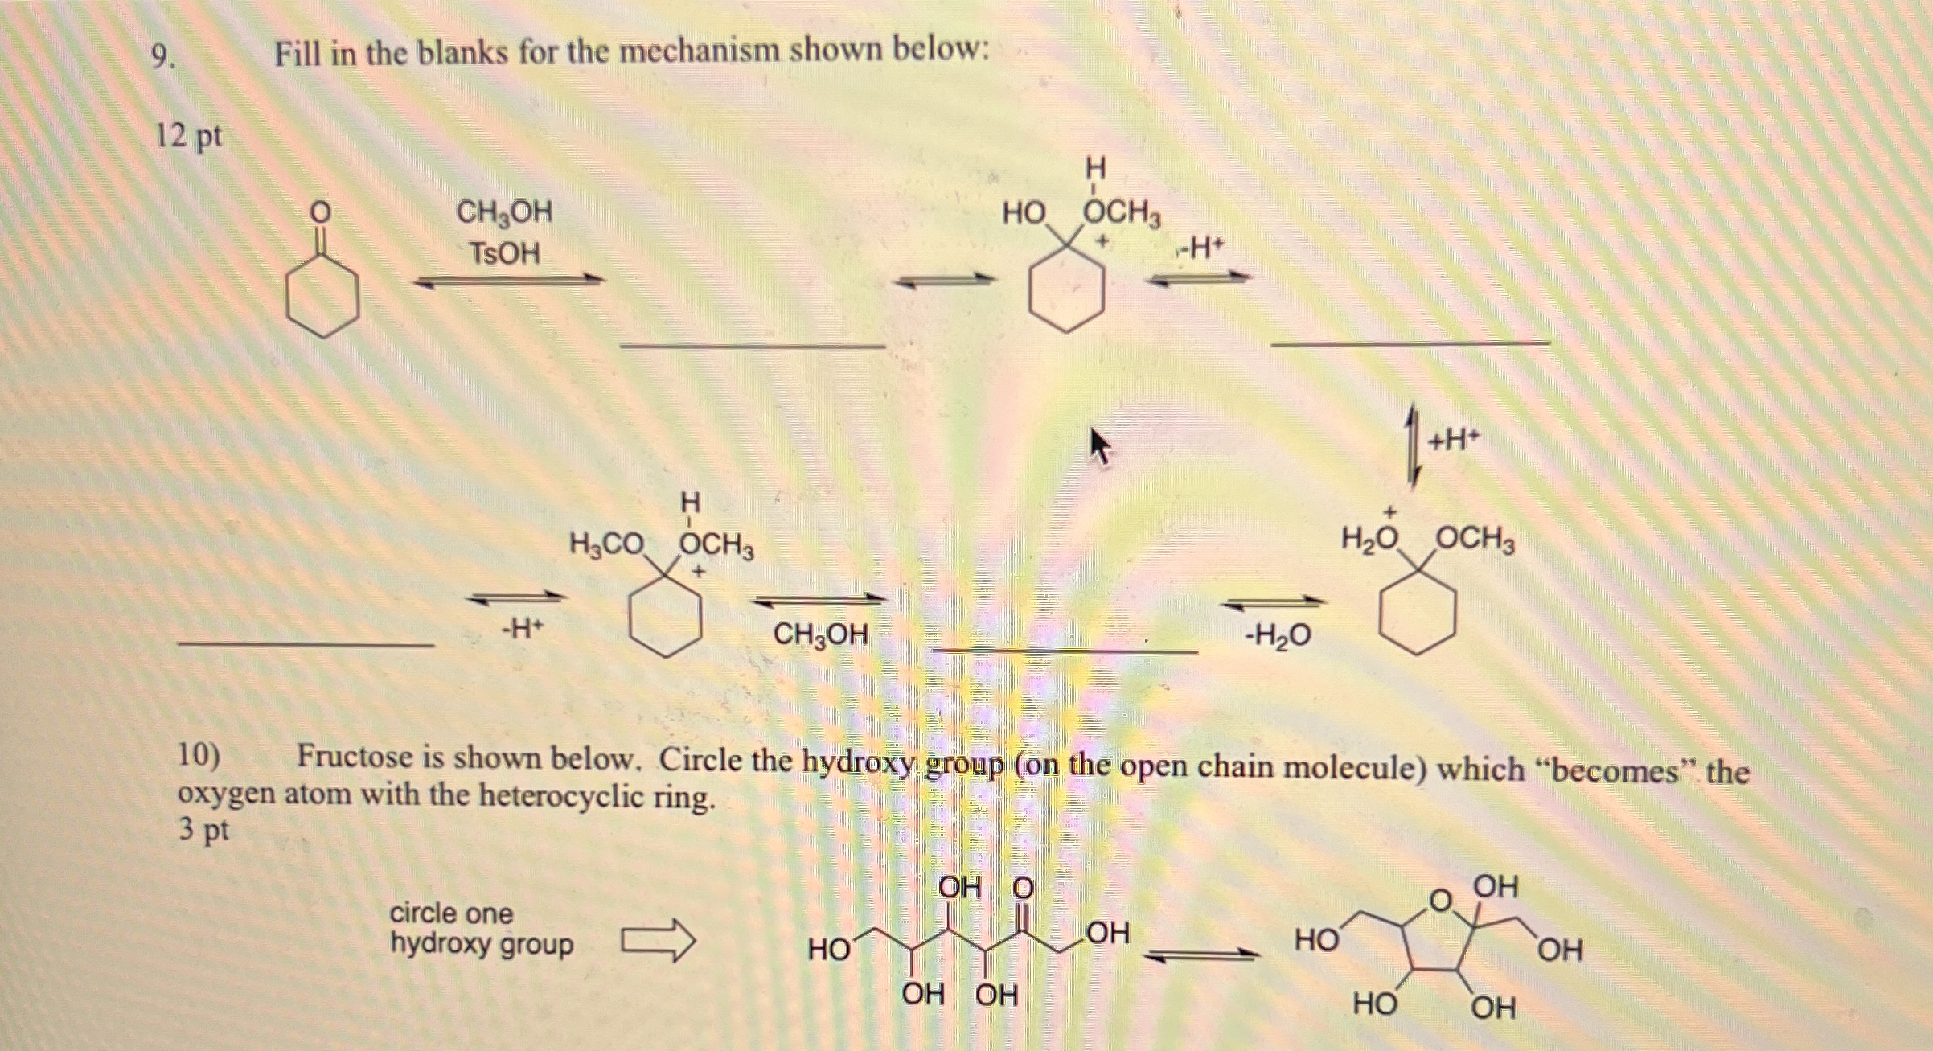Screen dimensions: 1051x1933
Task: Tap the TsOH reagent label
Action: pos(504,254)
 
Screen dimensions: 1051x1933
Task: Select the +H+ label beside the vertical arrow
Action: pos(1454,440)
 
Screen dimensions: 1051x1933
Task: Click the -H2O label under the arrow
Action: pos(1278,636)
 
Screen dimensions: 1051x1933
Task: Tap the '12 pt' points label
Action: pos(188,136)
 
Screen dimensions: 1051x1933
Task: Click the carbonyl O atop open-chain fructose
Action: pos(1022,889)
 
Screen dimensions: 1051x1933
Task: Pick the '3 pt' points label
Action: pos(203,829)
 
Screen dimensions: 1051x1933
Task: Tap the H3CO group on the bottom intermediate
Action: pos(606,544)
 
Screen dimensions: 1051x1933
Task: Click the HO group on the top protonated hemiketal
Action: pos(1024,214)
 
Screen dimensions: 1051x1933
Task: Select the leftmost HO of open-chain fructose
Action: pos(829,950)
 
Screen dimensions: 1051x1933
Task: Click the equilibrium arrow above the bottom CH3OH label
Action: pos(819,599)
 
